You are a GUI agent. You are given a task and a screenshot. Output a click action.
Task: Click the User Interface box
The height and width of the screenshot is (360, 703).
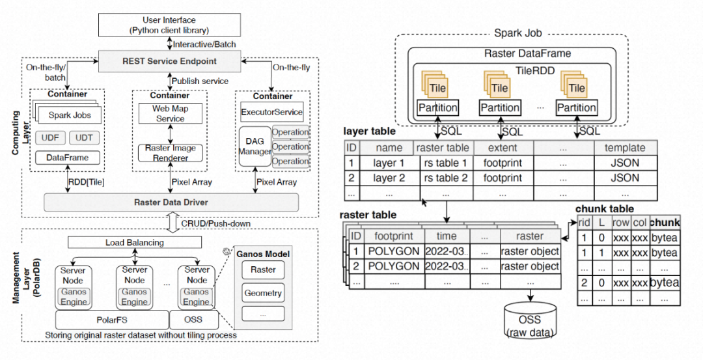coord(169,25)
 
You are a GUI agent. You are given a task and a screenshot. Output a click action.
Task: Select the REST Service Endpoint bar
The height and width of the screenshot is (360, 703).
coord(169,61)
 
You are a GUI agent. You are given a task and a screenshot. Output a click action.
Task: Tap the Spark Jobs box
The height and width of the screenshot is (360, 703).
coord(75,116)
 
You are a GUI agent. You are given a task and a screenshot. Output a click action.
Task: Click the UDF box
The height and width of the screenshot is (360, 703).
coord(50,137)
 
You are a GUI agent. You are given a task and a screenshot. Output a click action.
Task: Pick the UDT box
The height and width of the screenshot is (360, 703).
coord(84,137)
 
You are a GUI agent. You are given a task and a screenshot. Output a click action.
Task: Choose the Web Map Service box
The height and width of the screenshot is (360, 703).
coord(170,113)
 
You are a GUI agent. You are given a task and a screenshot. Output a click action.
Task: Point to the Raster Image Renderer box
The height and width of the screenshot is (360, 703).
coord(171,152)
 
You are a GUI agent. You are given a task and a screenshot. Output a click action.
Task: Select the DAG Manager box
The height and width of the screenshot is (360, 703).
coord(255,145)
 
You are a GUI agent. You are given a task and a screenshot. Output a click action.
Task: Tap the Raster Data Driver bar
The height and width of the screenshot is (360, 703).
coord(171,202)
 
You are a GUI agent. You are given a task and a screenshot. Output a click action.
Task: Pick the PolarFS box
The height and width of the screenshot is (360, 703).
coord(111,320)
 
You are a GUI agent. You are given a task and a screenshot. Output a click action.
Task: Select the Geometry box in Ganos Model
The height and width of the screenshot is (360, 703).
coord(263,293)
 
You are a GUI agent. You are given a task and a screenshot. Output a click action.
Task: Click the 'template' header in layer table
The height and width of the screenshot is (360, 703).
coord(624,148)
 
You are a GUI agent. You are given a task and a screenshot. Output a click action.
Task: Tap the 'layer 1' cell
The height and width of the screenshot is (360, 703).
coord(389,163)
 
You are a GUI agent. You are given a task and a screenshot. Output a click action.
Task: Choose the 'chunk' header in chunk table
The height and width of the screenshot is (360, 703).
coord(664,223)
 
